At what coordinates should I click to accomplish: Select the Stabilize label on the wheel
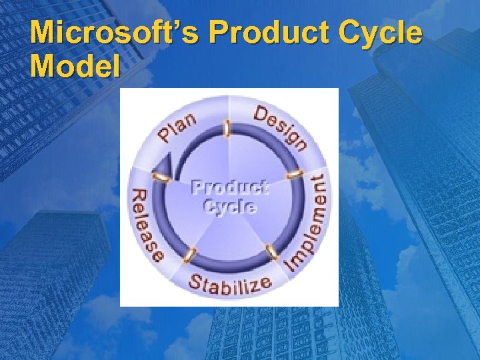point(229,283)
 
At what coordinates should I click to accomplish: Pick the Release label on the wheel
point(148,223)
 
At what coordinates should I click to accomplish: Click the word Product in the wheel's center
point(230,187)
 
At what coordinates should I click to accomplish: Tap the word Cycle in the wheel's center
point(230,206)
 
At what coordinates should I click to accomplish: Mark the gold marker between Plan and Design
point(228,128)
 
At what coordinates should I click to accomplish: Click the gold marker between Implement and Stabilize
point(271,252)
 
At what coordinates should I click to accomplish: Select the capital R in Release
point(139,197)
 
